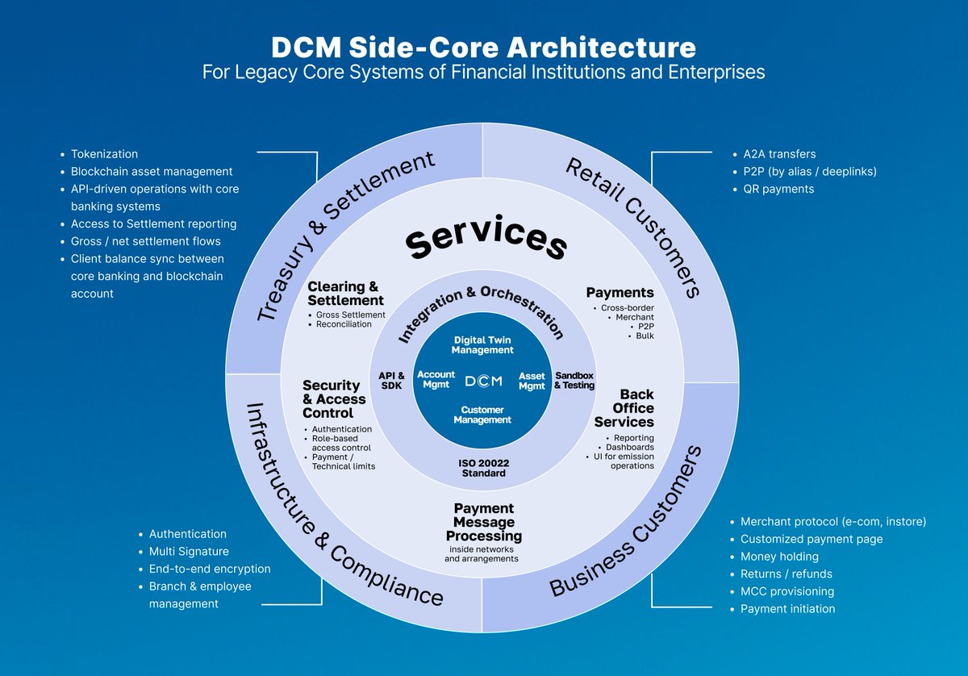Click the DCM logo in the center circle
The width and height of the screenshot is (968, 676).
click(x=482, y=381)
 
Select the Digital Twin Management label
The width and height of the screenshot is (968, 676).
click(x=482, y=345)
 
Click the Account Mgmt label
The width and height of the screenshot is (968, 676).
click(x=436, y=380)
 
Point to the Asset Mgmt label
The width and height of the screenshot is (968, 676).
click(x=532, y=381)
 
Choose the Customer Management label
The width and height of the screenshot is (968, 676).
click(x=482, y=415)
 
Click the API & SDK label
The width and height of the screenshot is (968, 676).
click(x=391, y=381)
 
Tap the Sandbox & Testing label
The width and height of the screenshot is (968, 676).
click(x=574, y=381)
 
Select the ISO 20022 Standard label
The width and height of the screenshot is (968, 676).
click(x=482, y=468)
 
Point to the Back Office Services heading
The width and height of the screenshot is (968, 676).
click(x=624, y=408)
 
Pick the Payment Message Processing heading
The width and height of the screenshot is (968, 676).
click(x=484, y=522)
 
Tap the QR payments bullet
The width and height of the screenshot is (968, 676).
click(x=778, y=189)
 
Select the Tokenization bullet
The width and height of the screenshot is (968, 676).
click(x=104, y=153)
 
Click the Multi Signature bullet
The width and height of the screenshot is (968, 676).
click(x=189, y=552)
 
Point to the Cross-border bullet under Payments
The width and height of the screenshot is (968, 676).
click(x=628, y=308)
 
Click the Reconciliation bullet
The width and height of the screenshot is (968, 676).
click(x=344, y=324)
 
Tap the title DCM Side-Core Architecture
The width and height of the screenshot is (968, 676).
click(x=483, y=47)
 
